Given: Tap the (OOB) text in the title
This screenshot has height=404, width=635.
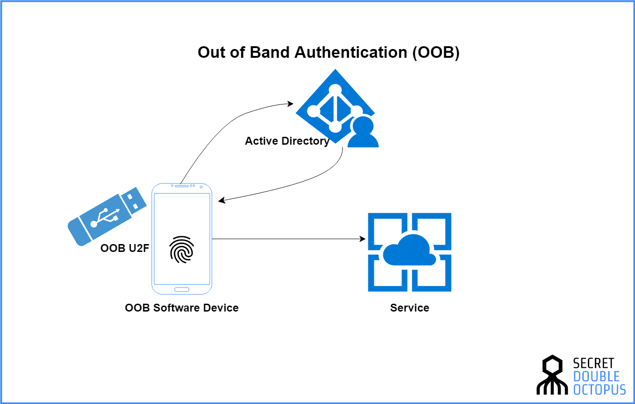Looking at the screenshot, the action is (x=436, y=53).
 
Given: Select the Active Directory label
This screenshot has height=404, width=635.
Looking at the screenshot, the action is (x=287, y=141).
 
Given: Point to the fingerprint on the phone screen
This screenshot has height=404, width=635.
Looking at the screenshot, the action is (x=182, y=250).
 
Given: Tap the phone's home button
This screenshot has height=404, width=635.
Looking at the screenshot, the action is (x=182, y=289).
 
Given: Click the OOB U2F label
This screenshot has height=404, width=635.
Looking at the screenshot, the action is (x=125, y=248).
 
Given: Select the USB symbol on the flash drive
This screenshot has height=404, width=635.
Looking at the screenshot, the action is (x=105, y=217).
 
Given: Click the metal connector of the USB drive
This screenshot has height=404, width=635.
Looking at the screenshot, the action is (x=134, y=201).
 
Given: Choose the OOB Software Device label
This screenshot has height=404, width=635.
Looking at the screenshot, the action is (x=182, y=308).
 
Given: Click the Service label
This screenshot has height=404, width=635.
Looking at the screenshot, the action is (x=409, y=308).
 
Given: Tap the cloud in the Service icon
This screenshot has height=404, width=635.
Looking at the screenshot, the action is (x=409, y=251).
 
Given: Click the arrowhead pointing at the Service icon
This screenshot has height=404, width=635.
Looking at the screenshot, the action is (x=363, y=239).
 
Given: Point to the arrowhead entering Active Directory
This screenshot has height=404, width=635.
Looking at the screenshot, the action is (x=290, y=104).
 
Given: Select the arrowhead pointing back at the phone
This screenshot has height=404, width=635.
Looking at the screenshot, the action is (x=222, y=200).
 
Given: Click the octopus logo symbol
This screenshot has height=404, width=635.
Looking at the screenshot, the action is (x=552, y=375).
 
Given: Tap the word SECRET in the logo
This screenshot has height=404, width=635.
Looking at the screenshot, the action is (x=593, y=363).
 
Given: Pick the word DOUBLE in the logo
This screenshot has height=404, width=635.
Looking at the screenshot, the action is (x=597, y=377).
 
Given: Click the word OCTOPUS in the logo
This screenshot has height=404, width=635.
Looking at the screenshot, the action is (x=599, y=390).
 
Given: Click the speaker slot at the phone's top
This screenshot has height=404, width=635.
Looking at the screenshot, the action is (x=182, y=186).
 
